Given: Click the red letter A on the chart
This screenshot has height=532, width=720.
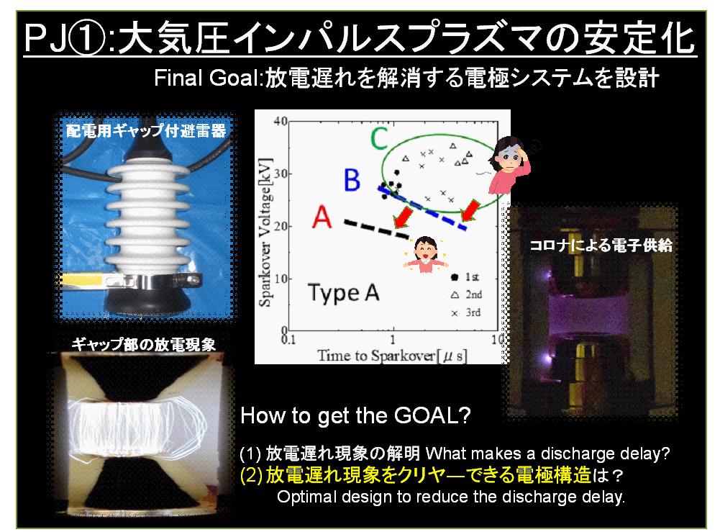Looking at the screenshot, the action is click(322, 217).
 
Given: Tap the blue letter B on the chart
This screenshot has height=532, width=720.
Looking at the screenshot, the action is click(352, 180).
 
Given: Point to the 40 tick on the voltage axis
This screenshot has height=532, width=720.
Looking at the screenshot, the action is click(281, 121).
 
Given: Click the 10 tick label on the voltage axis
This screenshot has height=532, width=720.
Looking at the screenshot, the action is click(281, 279).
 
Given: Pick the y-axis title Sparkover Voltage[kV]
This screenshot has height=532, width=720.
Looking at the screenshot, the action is click(265, 233).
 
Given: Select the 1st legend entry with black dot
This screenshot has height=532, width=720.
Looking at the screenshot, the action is click(465, 277).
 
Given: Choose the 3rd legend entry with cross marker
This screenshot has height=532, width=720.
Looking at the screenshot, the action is click(466, 313).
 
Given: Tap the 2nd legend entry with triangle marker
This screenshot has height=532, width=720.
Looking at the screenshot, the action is click(466, 294).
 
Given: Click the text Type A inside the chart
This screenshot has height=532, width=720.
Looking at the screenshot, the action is click(344, 293).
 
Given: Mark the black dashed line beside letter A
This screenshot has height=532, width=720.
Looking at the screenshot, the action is click(376, 229).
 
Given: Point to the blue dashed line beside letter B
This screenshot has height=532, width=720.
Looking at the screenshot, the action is click(422, 207).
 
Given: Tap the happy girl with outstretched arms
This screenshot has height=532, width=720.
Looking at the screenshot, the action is click(426, 254).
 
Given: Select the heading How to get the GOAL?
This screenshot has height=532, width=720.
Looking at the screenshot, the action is click(355, 415).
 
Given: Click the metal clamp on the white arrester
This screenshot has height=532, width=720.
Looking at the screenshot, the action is click(152, 280).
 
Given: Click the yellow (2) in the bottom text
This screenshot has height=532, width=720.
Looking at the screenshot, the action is click(252, 475).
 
